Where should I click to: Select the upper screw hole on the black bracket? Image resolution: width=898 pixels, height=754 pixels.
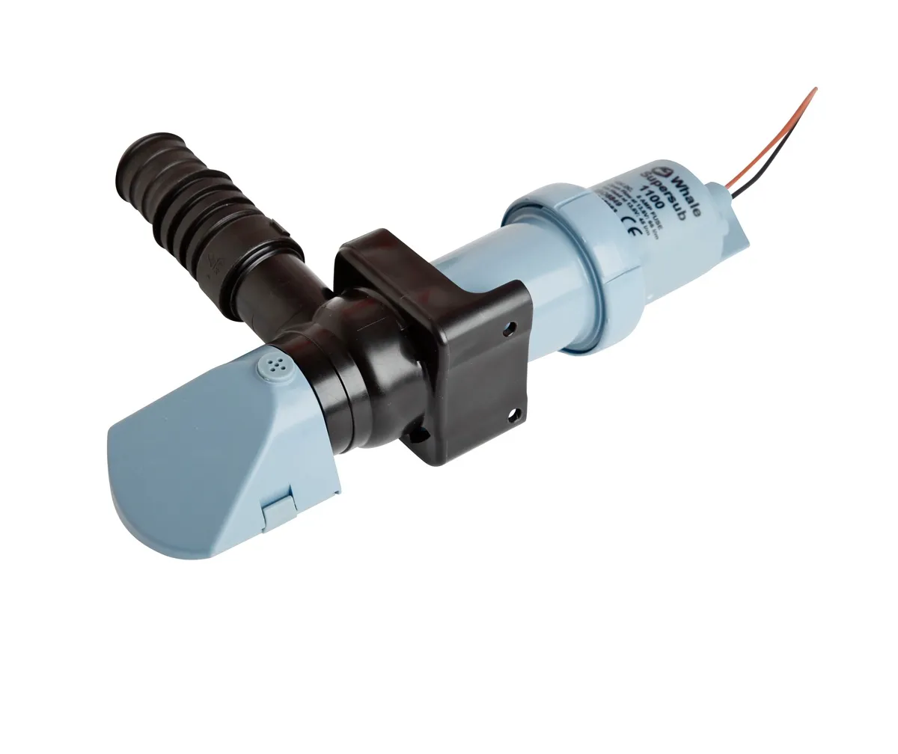point(512,328)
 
